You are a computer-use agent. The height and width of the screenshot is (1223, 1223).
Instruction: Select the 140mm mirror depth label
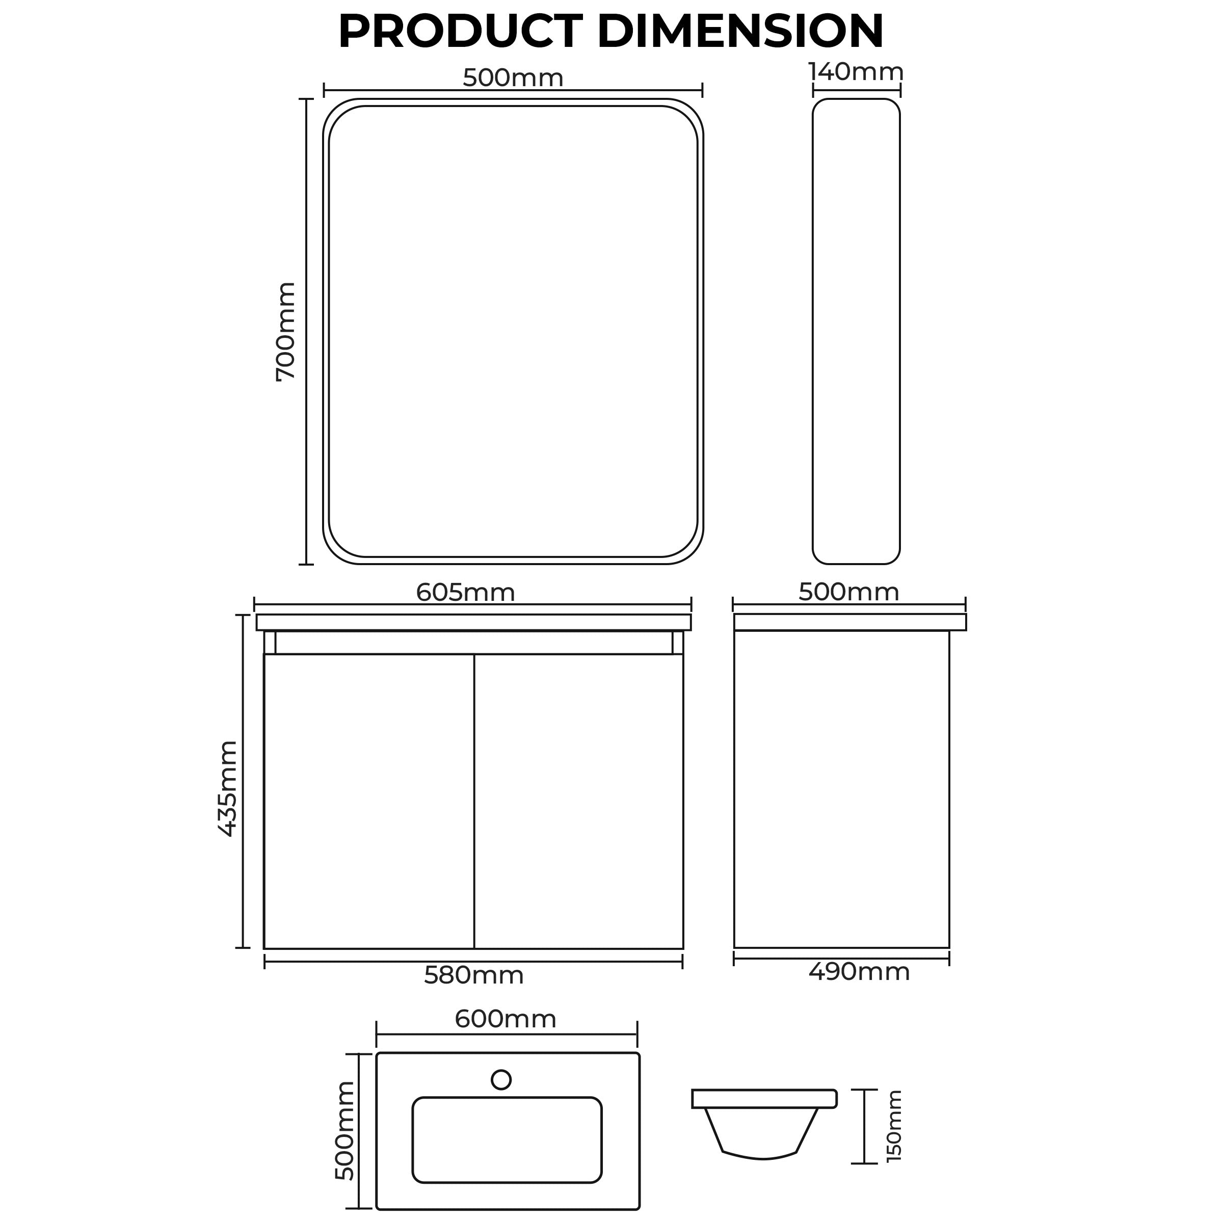856,72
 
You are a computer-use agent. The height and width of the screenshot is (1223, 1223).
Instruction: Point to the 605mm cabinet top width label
465,593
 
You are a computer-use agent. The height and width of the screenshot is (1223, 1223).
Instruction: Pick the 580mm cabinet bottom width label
473,975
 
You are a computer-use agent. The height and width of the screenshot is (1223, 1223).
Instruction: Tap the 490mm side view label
858,971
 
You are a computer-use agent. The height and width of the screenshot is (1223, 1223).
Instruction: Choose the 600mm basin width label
505,1019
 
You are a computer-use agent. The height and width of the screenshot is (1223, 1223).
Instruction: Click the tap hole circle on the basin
501,1079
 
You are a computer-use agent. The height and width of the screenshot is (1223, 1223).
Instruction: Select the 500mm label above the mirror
513,78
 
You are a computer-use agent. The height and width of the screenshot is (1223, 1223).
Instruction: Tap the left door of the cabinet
369,801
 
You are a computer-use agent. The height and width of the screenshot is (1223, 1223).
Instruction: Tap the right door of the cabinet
578,801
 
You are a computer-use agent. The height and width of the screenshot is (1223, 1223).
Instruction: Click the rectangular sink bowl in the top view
507,1139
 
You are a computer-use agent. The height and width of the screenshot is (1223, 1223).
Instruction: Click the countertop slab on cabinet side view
850,622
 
